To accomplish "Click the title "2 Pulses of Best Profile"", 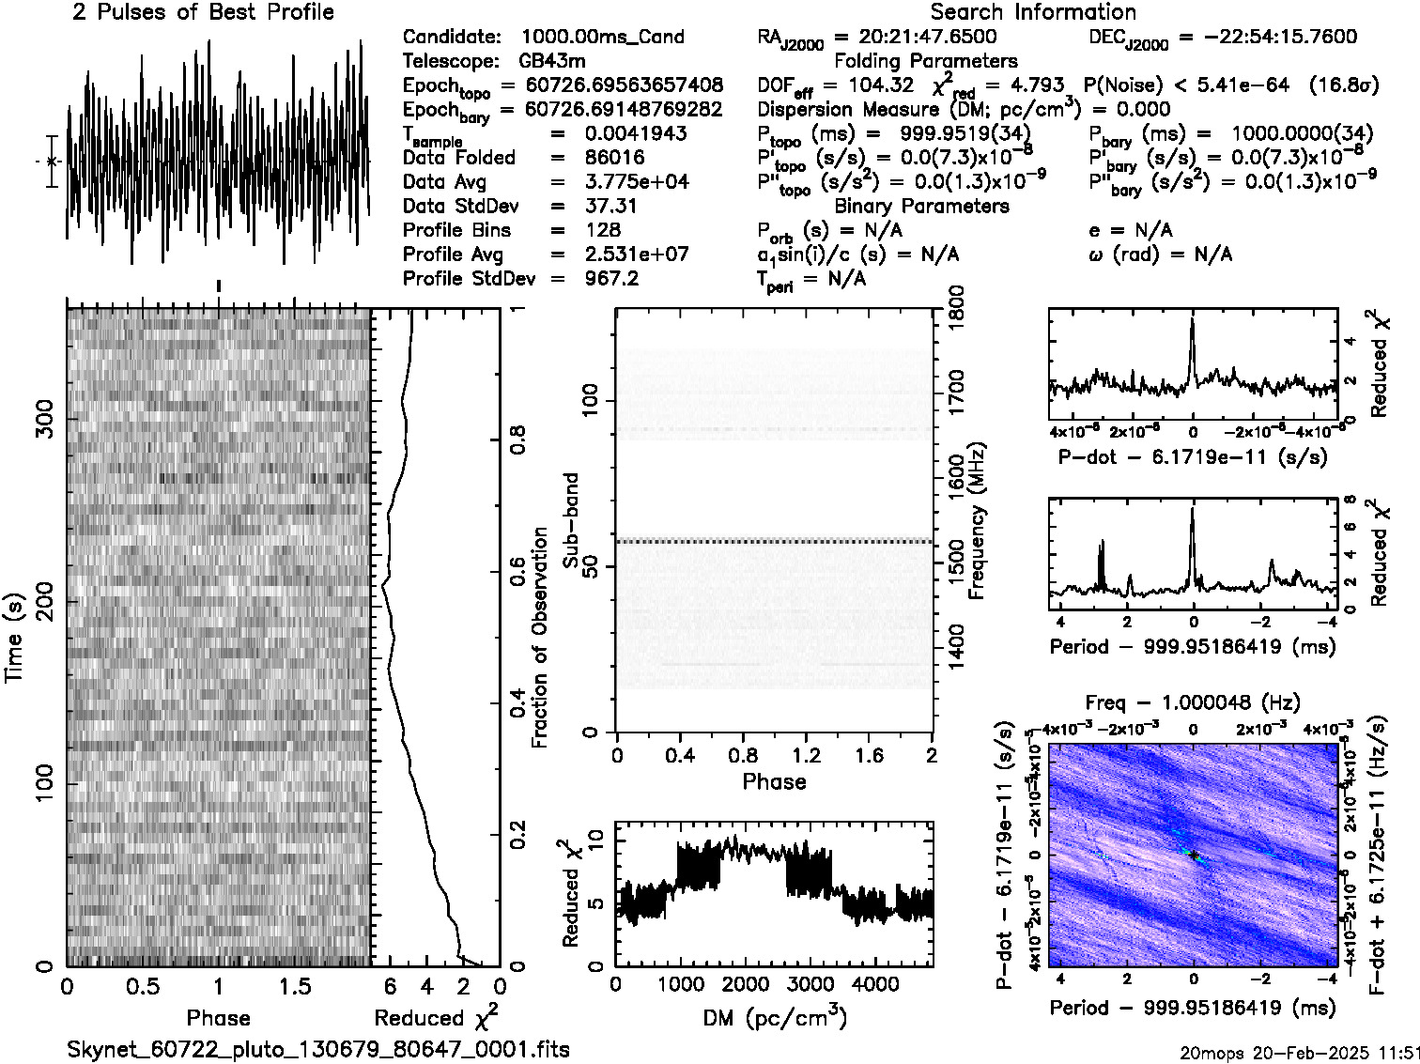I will [x=203, y=12].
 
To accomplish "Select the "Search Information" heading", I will [x=1033, y=12].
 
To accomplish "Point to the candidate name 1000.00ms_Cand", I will [x=602, y=37].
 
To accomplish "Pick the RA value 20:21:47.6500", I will [x=928, y=37].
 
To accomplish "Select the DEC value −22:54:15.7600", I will [x=1268, y=37].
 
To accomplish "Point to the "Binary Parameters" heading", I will [x=921, y=206].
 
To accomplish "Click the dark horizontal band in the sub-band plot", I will [x=774, y=541].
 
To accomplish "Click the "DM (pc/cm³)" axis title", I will [x=774, y=1017].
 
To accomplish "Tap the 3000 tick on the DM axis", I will [x=810, y=984].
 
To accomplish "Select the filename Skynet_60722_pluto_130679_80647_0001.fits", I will [x=318, y=1049].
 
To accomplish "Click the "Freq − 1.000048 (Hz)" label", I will [x=1193, y=702].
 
